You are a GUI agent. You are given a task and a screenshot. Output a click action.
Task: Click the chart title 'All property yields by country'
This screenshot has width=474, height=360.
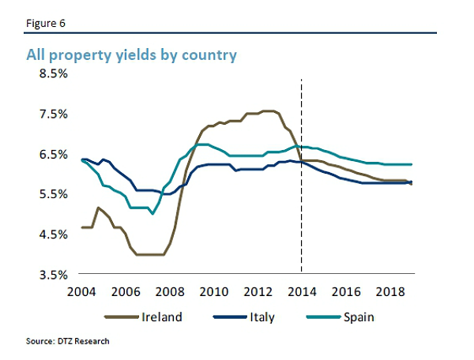click(132, 55)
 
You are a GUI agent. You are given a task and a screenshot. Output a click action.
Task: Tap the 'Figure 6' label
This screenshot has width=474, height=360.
click(45, 22)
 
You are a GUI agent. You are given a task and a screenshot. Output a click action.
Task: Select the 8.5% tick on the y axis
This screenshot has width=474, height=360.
click(53, 73)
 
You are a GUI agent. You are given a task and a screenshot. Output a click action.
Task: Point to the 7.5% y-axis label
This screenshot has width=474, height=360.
click(53, 114)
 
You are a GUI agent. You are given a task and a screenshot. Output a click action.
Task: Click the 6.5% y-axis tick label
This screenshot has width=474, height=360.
click(53, 154)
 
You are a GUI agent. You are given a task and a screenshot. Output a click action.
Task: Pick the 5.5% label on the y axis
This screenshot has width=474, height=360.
click(53, 194)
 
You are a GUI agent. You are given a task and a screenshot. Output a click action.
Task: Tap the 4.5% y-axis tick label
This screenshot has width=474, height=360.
click(53, 234)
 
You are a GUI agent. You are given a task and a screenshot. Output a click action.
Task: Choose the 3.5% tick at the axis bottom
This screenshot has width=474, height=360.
click(53, 275)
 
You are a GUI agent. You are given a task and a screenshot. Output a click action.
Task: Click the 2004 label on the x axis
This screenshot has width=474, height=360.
click(84, 292)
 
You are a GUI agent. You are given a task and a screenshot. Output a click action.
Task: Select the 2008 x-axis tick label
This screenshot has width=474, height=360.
click(171, 292)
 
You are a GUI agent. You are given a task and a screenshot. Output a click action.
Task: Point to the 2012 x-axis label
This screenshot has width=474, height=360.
click(258, 292)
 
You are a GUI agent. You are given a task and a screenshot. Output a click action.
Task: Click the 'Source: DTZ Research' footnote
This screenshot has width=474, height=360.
click(68, 341)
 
